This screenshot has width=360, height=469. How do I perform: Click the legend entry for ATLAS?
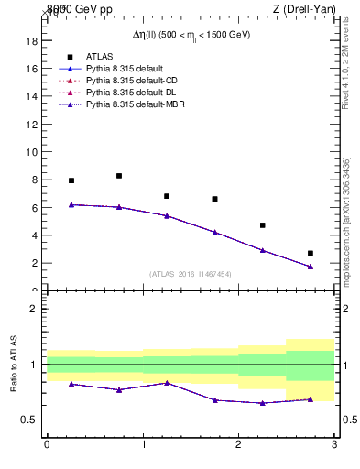(98, 56)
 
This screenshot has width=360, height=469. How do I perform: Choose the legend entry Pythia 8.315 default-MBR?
(133, 106)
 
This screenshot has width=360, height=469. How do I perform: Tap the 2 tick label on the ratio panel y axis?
(33, 309)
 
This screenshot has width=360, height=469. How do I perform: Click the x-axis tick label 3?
(334, 444)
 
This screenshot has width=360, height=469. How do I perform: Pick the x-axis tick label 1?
(142, 444)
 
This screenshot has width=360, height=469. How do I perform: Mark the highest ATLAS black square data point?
(119, 176)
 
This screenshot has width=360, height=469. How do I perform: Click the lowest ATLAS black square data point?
(311, 253)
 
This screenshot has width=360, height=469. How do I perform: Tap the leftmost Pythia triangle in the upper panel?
(71, 204)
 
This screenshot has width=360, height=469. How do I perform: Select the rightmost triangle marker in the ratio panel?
(311, 399)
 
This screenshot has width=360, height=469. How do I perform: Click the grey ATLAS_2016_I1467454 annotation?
(190, 274)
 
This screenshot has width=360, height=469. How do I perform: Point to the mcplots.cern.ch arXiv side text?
(346, 220)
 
